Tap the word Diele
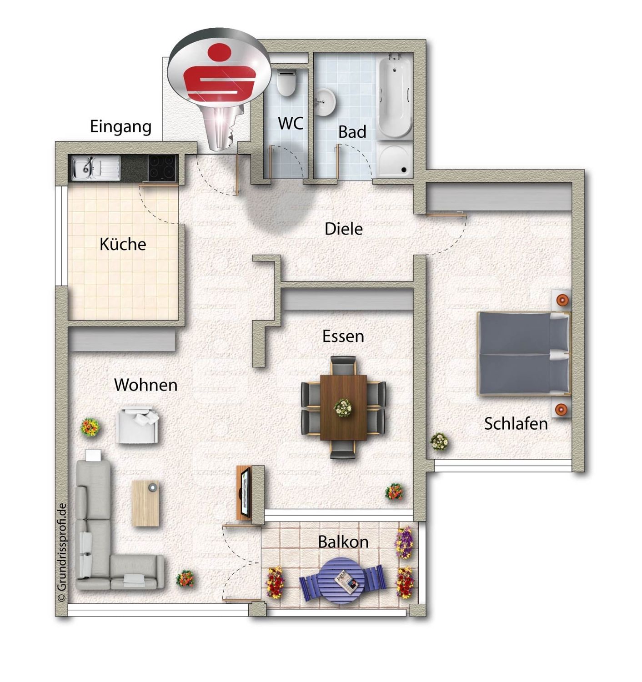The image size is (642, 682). [x=343, y=229]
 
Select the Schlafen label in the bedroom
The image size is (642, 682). [x=516, y=423]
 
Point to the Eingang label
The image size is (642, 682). [x=120, y=127]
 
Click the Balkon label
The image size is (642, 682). [x=343, y=542]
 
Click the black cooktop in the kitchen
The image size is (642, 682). [x=162, y=168]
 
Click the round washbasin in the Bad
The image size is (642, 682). [x=325, y=102]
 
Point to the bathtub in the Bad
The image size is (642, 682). [x=394, y=98]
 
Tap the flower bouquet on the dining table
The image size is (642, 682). [x=343, y=408]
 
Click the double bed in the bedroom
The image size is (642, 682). [x=524, y=353]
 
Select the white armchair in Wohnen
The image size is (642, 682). [x=138, y=425]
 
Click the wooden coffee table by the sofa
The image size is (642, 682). [x=145, y=503]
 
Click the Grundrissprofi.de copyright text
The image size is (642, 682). [x=62, y=552]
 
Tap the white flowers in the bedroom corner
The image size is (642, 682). [x=439, y=441]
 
